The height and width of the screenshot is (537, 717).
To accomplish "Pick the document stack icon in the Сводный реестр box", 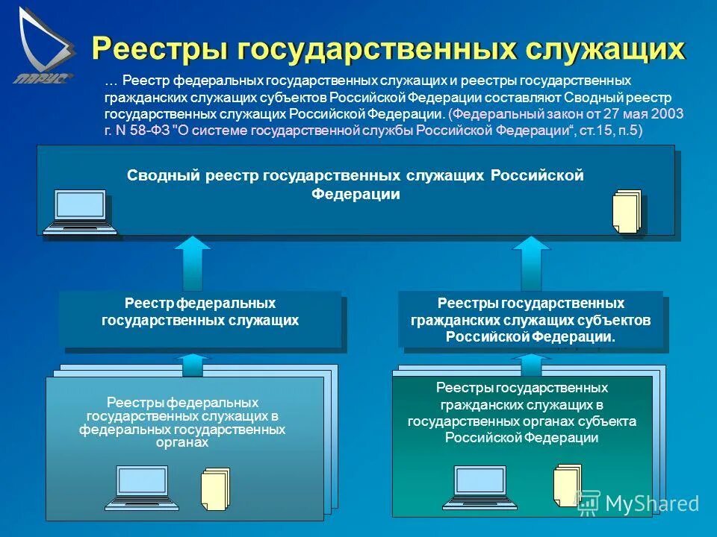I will click(627, 211).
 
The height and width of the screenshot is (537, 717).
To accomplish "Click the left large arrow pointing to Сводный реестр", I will click(196, 263).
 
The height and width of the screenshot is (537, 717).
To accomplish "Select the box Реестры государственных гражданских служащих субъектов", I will click(530, 320).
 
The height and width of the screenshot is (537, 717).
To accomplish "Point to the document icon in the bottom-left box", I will click(215, 489).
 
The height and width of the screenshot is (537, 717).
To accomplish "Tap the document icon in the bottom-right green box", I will click(567, 486).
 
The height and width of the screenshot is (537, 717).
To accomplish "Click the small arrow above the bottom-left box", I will click(193, 365).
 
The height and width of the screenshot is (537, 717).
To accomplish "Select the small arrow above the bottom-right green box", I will click(530, 365).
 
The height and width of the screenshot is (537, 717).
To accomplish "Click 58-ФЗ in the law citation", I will click(149, 130).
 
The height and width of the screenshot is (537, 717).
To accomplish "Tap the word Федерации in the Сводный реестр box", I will click(356, 195).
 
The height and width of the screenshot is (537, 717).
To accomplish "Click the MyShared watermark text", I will click(651, 503).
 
